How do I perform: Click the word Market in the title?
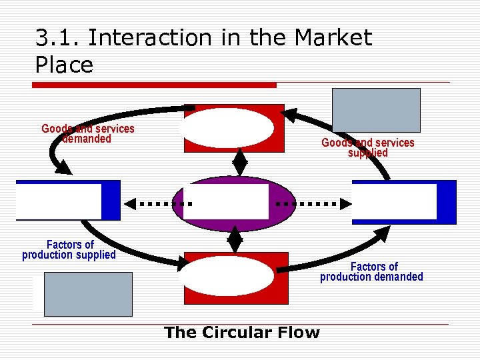[331, 38]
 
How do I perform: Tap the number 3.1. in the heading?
[58, 38]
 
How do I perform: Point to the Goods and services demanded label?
[87, 133]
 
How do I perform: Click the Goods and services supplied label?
[367, 147]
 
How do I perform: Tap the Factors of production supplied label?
[69, 250]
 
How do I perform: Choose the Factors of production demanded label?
[371, 271]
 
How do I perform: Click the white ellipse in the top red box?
[227, 128]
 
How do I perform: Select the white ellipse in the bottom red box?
[227, 276]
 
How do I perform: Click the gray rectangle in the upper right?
[377, 110]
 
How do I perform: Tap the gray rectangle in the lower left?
[88, 294]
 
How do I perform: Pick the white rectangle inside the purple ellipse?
[226, 202]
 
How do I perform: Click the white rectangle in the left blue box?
[59, 201]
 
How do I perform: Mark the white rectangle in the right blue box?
[395, 202]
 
